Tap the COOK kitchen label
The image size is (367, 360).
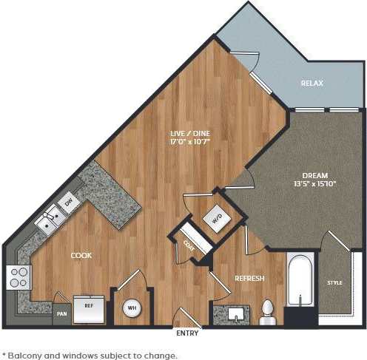click(81, 255)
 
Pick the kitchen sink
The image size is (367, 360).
click(50, 218)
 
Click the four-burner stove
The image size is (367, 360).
click(18, 278)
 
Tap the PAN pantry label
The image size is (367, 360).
click(61, 313)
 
